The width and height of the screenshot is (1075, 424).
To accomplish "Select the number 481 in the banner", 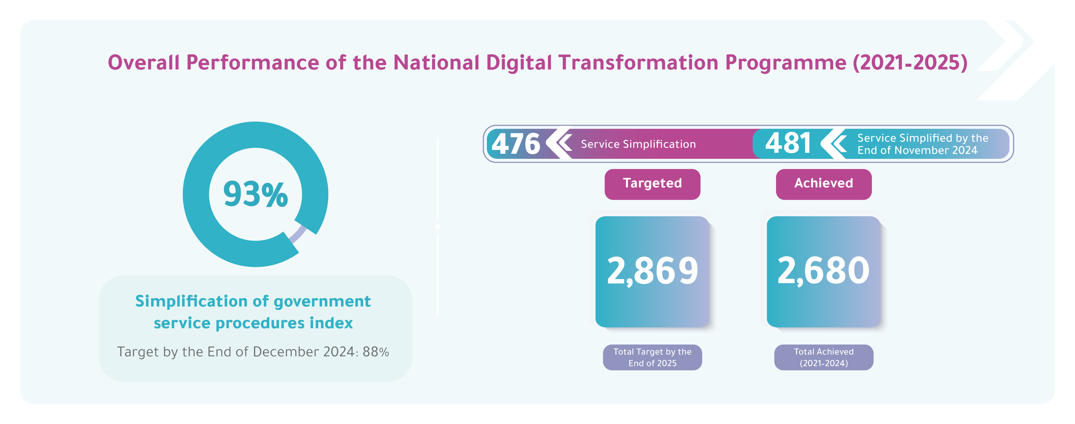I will click(788, 143).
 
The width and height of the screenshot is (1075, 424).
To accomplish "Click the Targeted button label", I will click(652, 184).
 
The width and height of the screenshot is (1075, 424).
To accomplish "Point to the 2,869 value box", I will click(652, 271).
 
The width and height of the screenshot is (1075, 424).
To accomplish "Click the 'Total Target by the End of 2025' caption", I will click(652, 357).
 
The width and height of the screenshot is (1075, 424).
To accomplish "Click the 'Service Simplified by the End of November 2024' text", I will click(922, 144).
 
